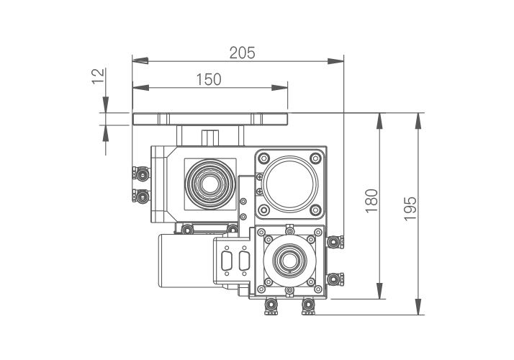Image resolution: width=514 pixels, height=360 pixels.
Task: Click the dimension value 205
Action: [241, 53]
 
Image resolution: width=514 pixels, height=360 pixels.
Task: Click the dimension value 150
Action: [209, 79]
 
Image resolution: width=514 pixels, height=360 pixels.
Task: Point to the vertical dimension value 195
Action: [410, 210]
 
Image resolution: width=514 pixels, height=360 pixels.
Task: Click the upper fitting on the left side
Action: [140, 174]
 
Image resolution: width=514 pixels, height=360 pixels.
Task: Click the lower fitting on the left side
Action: [140, 195]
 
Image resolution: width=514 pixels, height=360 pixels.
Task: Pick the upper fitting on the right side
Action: [334, 241]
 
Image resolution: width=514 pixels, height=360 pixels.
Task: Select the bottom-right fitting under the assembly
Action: [308, 307]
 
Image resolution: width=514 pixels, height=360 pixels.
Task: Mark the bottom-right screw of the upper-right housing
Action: [316, 210]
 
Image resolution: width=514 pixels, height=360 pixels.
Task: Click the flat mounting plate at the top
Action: [209, 119]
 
